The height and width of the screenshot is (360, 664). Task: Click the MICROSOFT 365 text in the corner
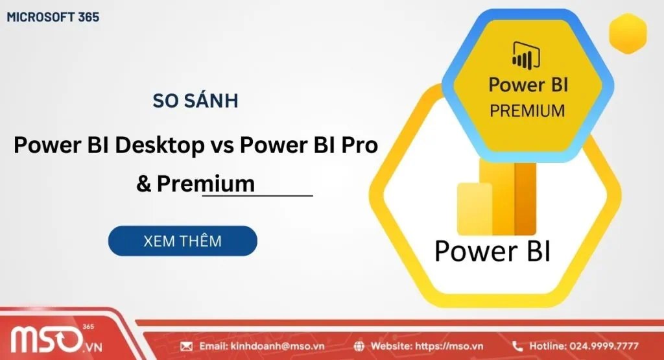click(53, 18)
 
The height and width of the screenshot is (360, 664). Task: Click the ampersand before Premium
click(143, 184)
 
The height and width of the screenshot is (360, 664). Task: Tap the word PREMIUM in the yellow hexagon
click(527, 111)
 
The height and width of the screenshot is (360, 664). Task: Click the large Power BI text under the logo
click(492, 251)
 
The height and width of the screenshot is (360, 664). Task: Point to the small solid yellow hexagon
click(628, 32)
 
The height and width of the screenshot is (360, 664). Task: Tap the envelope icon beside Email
click(187, 346)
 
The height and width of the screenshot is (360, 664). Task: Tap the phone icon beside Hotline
click(517, 346)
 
